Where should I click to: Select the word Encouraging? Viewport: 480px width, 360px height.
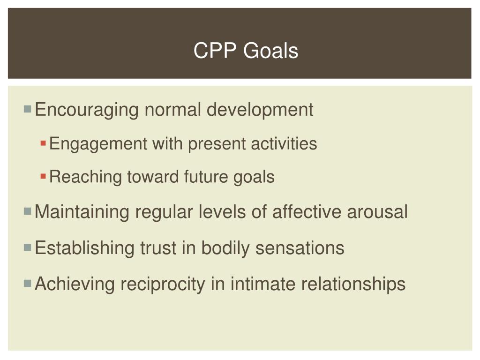(87, 110)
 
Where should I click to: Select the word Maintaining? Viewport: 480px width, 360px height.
(82, 212)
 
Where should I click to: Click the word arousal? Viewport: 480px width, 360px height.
(377, 212)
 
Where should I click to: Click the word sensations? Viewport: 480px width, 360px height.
(300, 248)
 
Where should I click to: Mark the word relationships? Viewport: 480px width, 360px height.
(353, 284)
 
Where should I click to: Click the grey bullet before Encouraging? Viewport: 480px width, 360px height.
(28, 109)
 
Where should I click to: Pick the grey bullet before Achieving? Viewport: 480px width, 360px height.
(28, 283)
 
